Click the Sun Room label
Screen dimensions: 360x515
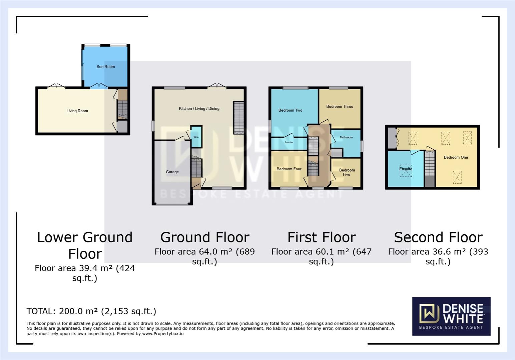[105, 67]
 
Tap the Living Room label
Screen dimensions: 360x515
[77, 111]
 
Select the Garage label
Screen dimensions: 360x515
[172, 172]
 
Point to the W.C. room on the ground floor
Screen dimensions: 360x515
[196, 137]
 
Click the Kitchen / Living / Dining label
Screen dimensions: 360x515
[199, 109]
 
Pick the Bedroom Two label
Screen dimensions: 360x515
[290, 110]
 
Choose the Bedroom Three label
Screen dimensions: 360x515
[340, 107]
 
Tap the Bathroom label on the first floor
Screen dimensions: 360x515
[346, 137]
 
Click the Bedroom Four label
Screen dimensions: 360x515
[289, 169]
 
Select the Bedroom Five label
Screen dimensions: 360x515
[347, 172]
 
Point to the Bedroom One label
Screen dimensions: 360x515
[456, 157]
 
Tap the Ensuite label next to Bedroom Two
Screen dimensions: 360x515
[289, 143]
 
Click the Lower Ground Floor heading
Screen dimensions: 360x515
[85, 245]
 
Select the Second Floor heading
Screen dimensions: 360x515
[438, 237]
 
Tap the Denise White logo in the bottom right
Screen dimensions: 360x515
[451, 316]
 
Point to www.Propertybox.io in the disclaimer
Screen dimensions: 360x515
[163, 334]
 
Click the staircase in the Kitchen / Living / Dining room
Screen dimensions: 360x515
[238, 118]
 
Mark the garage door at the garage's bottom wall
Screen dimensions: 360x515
[172, 204]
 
